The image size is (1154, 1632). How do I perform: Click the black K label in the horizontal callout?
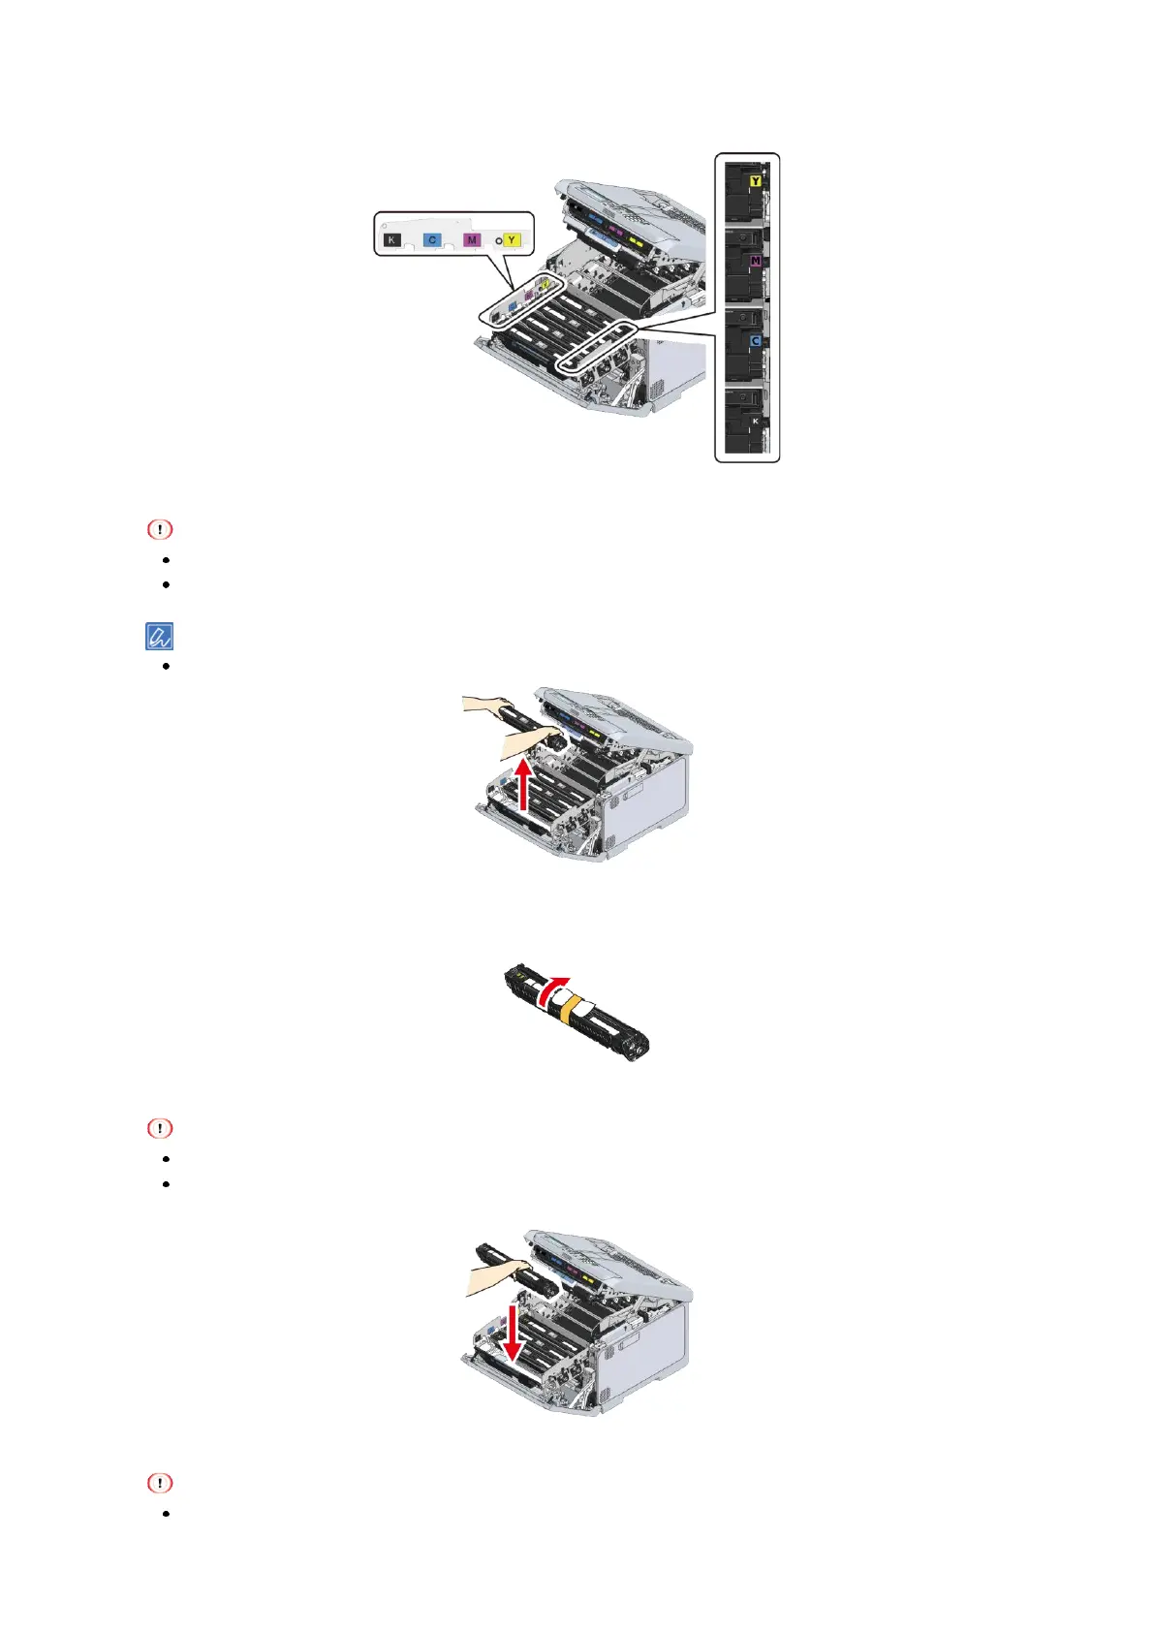pyautogui.click(x=392, y=239)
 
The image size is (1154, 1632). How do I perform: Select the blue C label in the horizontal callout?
pyautogui.click(x=432, y=239)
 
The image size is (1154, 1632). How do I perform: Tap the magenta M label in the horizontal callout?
pyautogui.click(x=472, y=239)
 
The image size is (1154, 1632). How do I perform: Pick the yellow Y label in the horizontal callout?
pyautogui.click(x=512, y=239)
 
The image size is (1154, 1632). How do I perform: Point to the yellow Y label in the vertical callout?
pyautogui.click(x=755, y=181)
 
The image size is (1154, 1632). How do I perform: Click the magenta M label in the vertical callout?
pyautogui.click(x=755, y=262)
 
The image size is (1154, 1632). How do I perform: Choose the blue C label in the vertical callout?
pyautogui.click(x=755, y=341)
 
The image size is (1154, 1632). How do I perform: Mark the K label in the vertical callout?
pyautogui.click(x=755, y=422)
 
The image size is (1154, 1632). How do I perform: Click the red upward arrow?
pyautogui.click(x=524, y=782)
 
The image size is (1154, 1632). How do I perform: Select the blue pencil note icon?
pyautogui.click(x=160, y=637)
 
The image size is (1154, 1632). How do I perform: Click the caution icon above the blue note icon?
pyautogui.click(x=160, y=530)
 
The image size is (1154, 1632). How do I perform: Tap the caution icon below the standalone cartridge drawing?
pyautogui.click(x=160, y=1129)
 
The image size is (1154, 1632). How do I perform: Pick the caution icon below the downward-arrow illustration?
pyautogui.click(x=160, y=1484)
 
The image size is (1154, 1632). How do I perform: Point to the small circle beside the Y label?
pyautogui.click(x=499, y=239)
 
